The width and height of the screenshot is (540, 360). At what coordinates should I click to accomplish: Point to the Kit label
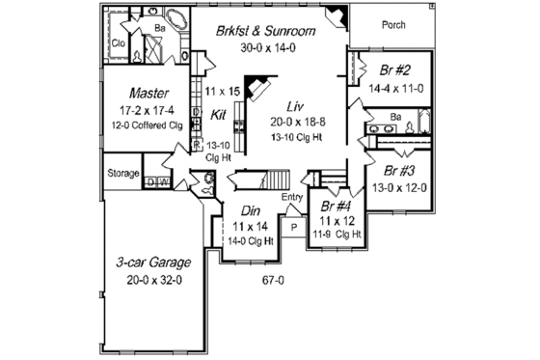[x=218, y=114]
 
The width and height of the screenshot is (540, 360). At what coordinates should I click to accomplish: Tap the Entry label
[x=292, y=199]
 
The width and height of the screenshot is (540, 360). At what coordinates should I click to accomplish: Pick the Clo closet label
[x=122, y=44]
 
